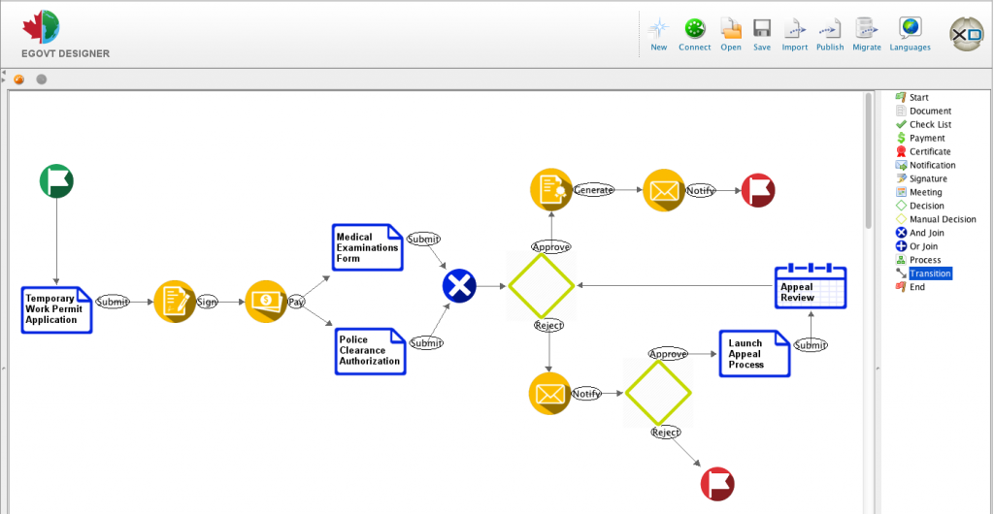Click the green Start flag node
point(56,181)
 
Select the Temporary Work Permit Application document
point(56,309)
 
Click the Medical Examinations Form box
point(368,247)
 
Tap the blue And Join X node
point(459,286)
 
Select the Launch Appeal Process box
point(753,354)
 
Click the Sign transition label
point(207,302)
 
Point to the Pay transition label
point(296,302)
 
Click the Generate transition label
point(593,190)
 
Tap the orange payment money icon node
point(265,301)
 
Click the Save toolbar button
point(762,33)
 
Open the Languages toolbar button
point(910,33)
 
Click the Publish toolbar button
point(830,33)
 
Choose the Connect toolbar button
point(694,33)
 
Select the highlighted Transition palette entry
point(930,273)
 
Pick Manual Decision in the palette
point(943,219)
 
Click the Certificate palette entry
point(930,151)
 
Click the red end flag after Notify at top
point(758,190)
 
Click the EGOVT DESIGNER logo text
point(66,53)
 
